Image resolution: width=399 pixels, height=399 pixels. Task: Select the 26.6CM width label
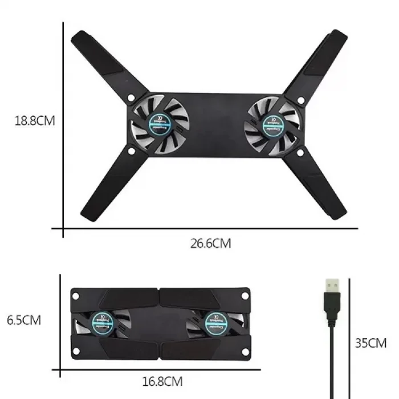coord(211,243)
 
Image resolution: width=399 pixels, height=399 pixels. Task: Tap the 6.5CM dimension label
coord(24,320)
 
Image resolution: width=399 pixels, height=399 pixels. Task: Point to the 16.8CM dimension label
coord(162,380)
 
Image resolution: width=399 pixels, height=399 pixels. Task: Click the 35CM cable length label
coord(370,343)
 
